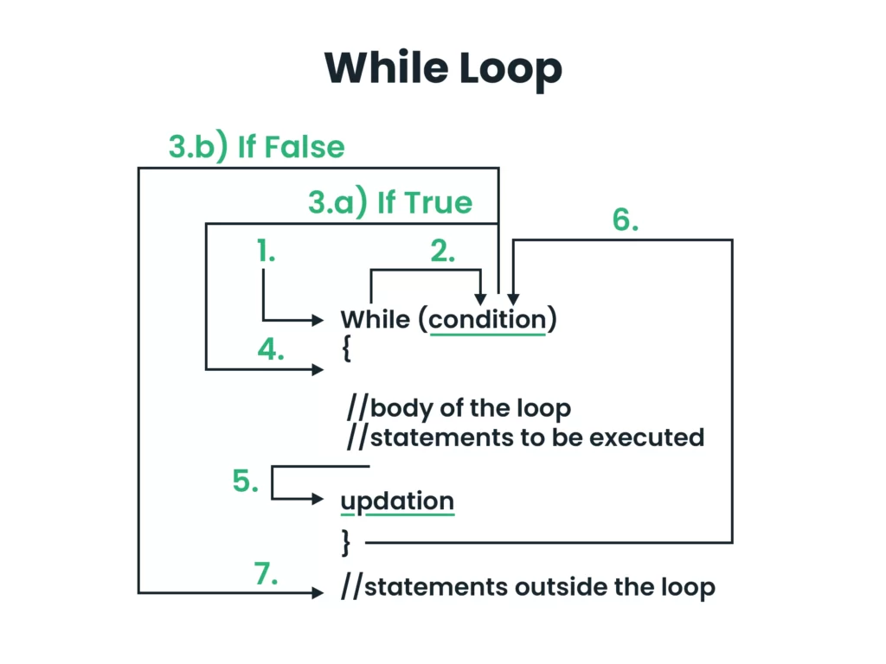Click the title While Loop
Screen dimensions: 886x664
click(444, 68)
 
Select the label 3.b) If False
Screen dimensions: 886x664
click(256, 147)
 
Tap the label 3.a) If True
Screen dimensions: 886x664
click(390, 202)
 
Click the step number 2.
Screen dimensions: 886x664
click(442, 251)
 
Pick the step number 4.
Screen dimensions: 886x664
click(271, 349)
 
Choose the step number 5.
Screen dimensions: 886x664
click(245, 481)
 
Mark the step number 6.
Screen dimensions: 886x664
click(626, 220)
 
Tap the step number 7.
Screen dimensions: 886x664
click(266, 574)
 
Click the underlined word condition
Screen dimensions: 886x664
click(488, 320)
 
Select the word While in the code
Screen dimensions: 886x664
click(376, 320)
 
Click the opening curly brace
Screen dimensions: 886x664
click(346, 348)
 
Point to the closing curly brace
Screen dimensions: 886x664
click(346, 543)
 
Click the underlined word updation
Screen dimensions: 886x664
click(397, 501)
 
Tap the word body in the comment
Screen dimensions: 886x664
click(401, 408)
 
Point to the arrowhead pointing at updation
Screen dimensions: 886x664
click(318, 499)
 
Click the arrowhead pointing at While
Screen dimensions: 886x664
click(318, 320)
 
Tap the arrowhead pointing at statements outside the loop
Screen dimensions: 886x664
click(318, 592)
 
